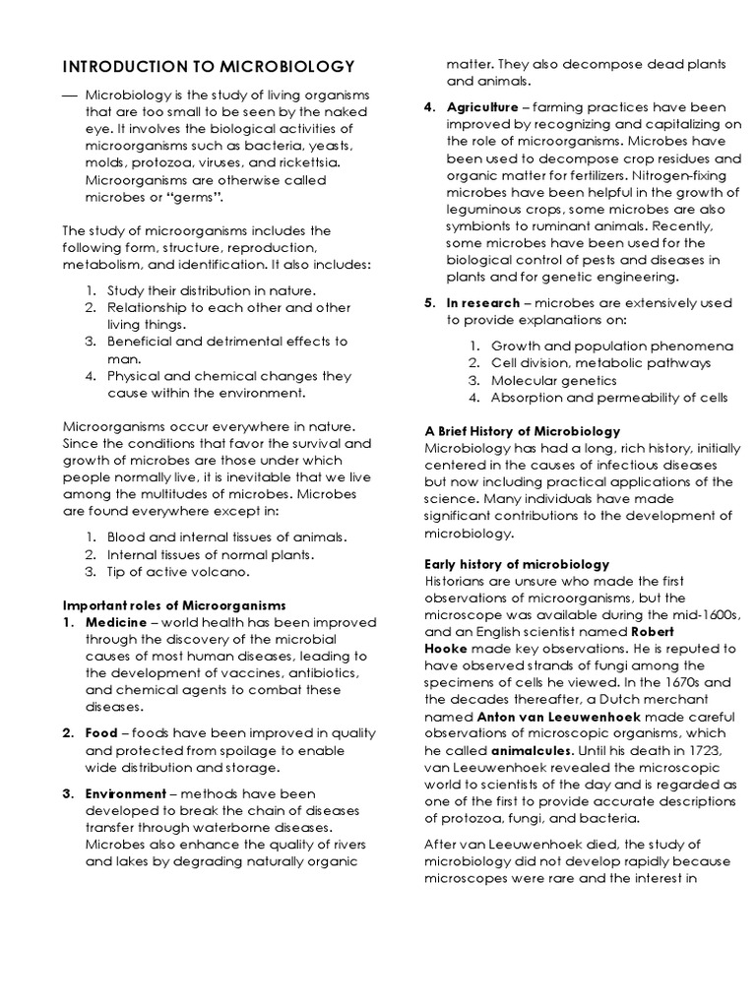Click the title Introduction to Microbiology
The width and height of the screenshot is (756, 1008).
coord(208,67)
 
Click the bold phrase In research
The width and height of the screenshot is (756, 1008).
coord(479,302)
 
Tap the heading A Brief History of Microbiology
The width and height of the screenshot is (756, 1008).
coord(522,431)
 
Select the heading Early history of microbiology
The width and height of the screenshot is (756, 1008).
coord(516,564)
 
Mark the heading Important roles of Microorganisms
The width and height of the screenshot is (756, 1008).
coord(173,603)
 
